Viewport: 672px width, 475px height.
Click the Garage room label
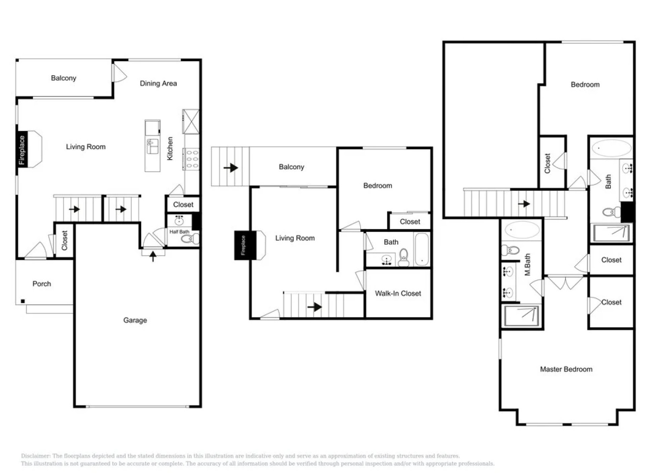[135, 320]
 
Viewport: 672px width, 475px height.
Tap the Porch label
[42, 284]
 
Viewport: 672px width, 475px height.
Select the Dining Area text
[158, 83]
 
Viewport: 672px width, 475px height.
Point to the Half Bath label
[179, 232]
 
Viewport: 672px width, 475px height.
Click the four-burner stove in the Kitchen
[192, 159]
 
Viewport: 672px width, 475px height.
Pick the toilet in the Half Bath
[190, 239]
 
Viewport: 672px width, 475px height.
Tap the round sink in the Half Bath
[179, 221]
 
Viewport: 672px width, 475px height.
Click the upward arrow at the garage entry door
[153, 256]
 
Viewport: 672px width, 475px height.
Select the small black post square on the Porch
[22, 301]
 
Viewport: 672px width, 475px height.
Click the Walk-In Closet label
[398, 293]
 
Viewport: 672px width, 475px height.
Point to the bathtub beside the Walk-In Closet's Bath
[421, 250]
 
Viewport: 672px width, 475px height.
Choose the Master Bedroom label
[566, 369]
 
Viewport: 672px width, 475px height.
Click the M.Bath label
[527, 264]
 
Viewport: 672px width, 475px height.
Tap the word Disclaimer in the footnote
[36, 456]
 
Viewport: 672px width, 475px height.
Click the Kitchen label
[170, 148]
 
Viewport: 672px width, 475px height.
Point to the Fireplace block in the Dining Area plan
[22, 150]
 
